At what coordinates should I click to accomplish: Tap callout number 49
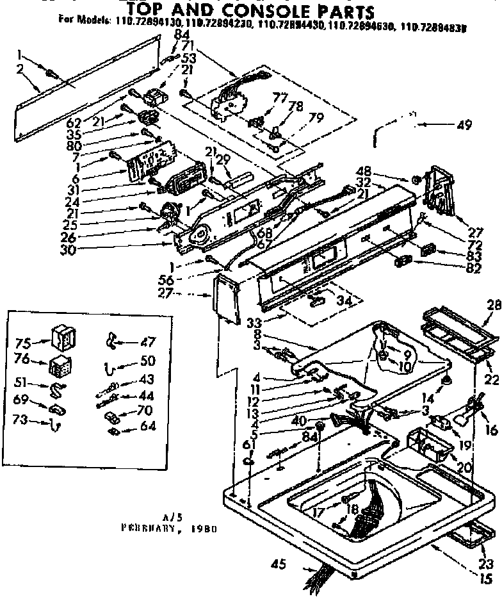(464, 126)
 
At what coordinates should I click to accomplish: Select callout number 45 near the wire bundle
(277, 564)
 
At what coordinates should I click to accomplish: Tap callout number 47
(147, 341)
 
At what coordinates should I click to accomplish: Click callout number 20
(465, 467)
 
